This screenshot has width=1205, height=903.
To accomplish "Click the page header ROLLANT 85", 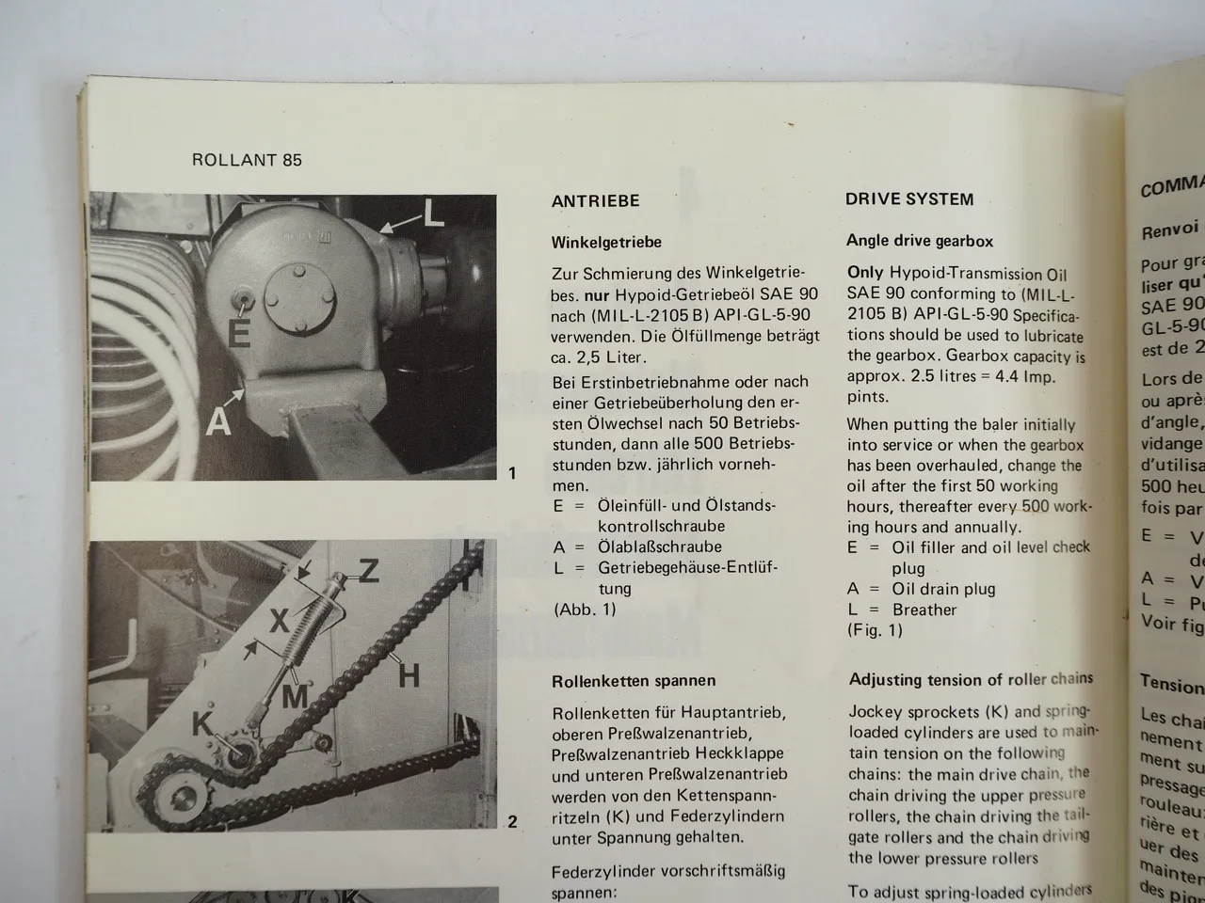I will tap(247, 160).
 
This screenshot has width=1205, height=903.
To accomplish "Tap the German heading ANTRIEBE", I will tap(595, 201).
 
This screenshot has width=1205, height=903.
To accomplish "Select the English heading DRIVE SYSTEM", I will tap(909, 199).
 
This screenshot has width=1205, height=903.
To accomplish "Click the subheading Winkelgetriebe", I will tap(606, 242).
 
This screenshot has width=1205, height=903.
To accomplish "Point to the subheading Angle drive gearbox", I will tap(920, 241).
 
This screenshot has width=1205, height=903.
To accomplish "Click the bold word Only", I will tap(865, 272).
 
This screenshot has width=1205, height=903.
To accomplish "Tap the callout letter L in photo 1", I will tap(432, 214).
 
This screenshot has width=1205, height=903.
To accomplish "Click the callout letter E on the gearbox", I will tap(239, 332).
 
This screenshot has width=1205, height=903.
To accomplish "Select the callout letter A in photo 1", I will tap(218, 421).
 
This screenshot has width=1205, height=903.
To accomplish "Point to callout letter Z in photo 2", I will tap(368, 569).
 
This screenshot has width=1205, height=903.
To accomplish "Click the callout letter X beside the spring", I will tap(279, 621).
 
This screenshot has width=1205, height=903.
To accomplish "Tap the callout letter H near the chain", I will tap(409, 674).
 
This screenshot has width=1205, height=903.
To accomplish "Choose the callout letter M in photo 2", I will tap(295, 696).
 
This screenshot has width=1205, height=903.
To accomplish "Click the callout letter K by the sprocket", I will tap(202, 724).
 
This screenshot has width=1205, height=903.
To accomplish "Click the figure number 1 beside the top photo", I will tap(512, 472).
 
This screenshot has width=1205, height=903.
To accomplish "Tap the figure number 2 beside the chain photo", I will tap(512, 821).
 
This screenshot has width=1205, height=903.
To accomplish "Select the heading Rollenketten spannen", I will tap(634, 680).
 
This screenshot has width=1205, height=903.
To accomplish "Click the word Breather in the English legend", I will tap(924, 610).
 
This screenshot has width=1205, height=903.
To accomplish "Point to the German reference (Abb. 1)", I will tap(585, 609).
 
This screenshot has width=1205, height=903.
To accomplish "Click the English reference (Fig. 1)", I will tap(875, 630).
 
